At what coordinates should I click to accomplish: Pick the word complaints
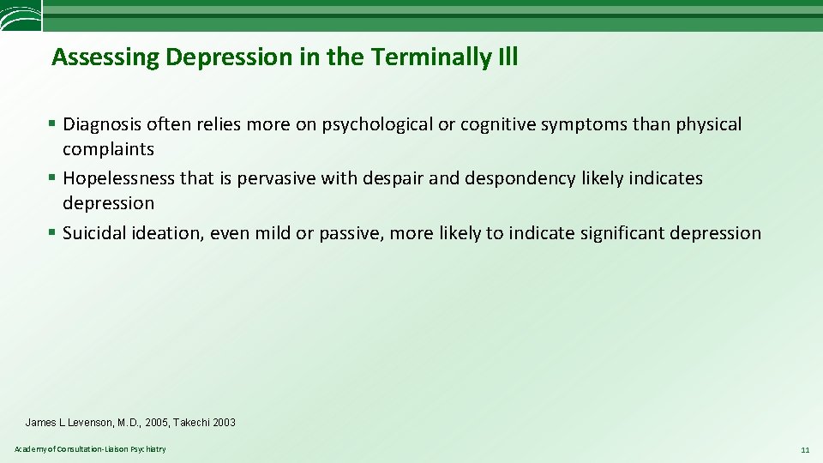point(108,149)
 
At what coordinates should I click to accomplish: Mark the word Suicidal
point(95,233)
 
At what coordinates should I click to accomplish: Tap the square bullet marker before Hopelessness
point(53,178)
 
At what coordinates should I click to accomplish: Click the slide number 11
point(804,450)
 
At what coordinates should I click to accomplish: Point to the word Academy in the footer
point(29,450)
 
